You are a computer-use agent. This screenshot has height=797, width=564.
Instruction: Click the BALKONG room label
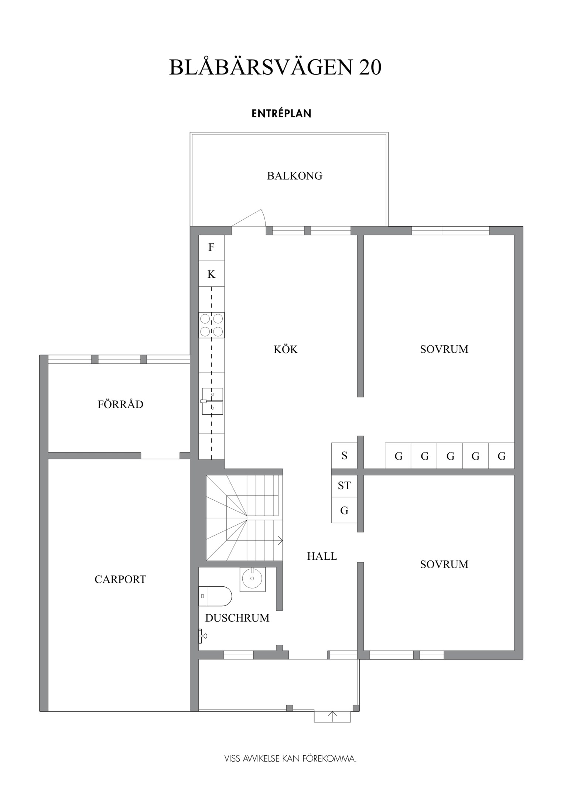(294, 176)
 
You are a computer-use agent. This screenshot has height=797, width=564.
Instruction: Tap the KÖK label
(286, 349)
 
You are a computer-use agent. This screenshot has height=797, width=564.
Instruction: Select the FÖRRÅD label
(120, 404)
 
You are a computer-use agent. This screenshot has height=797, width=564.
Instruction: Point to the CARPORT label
(120, 579)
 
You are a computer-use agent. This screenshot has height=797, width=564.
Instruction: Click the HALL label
(322, 556)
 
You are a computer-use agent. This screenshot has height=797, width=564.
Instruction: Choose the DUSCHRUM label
(237, 618)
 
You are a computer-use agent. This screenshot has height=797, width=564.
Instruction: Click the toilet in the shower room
(215, 596)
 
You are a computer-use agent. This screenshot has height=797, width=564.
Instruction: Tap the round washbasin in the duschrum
(252, 579)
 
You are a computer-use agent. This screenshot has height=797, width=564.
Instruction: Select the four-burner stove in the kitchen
(211, 325)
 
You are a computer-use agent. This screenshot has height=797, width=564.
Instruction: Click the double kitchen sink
(212, 401)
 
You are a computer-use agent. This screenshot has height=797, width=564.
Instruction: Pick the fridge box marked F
(211, 247)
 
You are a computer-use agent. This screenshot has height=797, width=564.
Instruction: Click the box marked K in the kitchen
(211, 274)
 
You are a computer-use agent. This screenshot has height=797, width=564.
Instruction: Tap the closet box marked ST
(344, 486)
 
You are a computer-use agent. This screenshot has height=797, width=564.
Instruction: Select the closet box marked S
(344, 456)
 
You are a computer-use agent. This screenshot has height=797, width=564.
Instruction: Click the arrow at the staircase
(279, 541)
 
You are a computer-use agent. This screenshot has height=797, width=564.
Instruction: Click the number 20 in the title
(370, 68)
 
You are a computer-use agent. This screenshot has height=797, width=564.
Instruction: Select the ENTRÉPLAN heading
(281, 114)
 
